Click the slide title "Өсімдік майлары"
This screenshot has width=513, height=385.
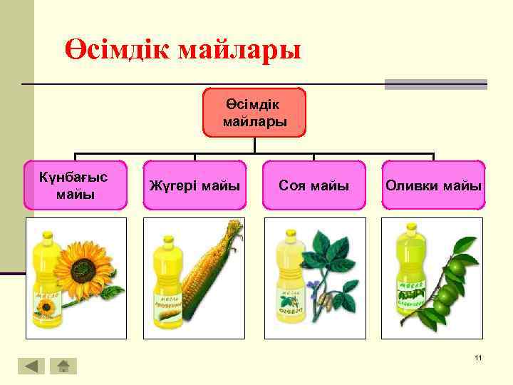coord(183,51)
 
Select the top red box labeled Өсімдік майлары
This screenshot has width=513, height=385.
coord(254,113)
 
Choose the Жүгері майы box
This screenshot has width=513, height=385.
coord(194,185)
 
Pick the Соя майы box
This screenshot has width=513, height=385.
coord(313,185)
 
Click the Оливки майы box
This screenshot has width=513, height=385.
coord(433,185)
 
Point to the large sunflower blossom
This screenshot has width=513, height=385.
coord(84,269)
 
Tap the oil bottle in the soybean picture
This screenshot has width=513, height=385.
coord(289,282)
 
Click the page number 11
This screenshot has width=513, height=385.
coord(478,357)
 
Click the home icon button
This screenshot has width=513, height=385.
coord(63,366)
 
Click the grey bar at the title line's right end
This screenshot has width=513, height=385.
coord(435,84)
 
